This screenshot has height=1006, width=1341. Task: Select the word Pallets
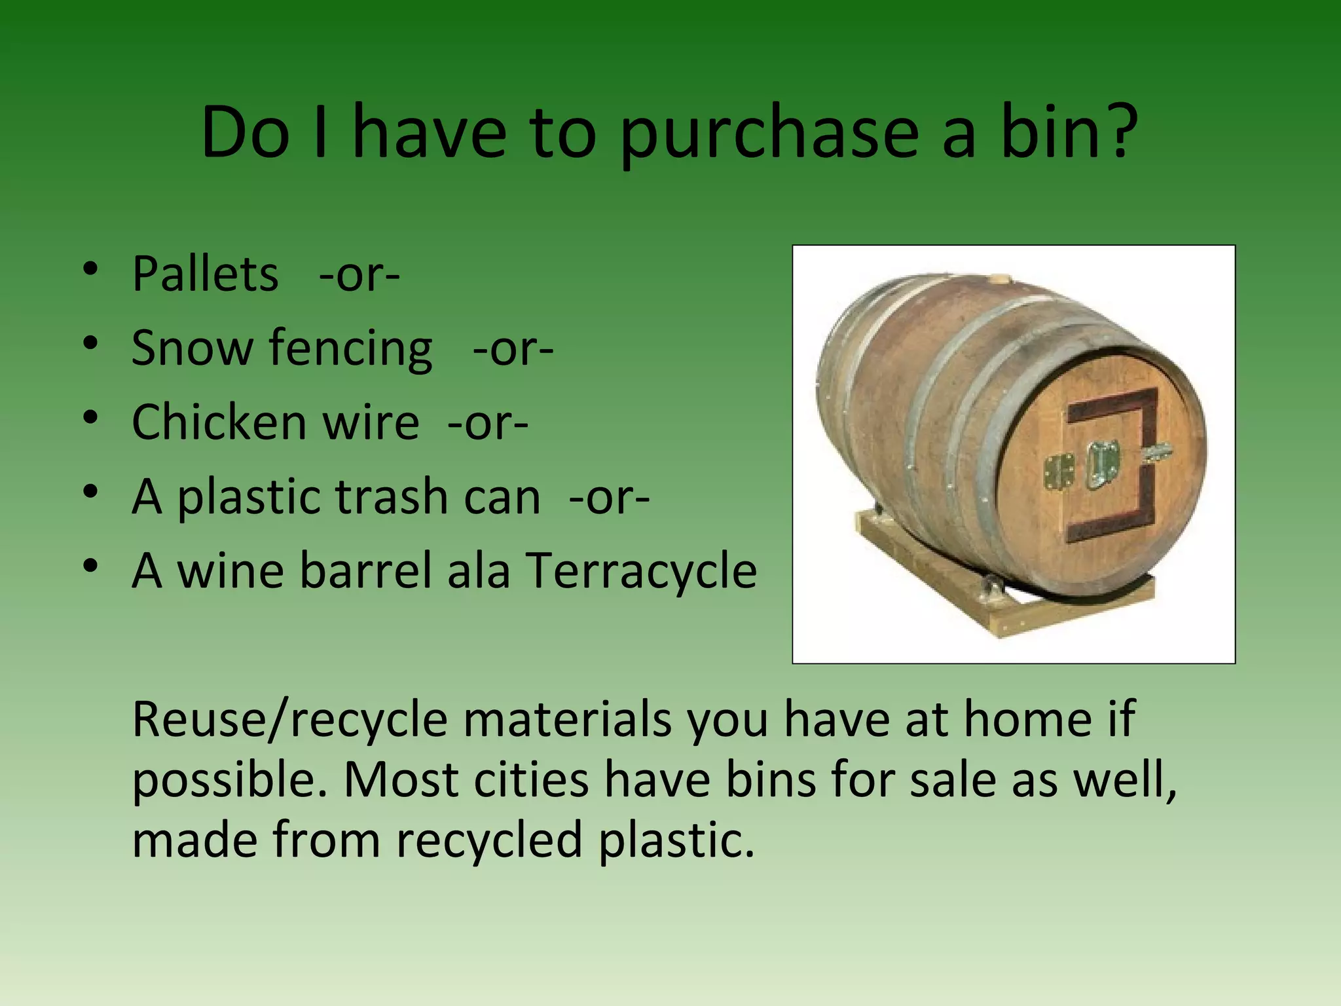[205, 274]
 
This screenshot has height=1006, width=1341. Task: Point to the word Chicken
[218, 422]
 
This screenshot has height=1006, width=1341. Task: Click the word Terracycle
[642, 570]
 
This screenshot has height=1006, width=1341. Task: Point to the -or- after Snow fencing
[513, 349]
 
